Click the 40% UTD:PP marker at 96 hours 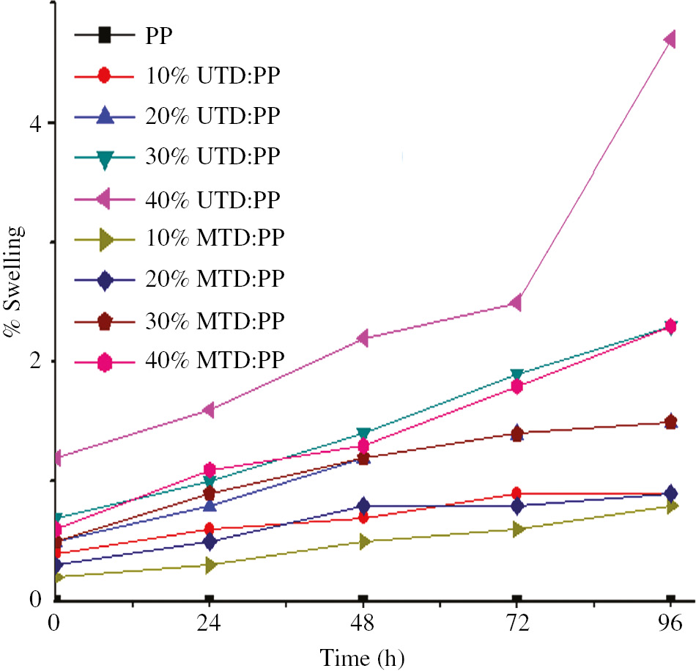click(670, 39)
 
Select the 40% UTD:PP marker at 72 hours click(516, 302)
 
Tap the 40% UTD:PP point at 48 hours click(362, 337)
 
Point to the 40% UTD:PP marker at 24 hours click(208, 409)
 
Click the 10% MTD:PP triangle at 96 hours click(670, 506)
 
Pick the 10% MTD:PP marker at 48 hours click(363, 541)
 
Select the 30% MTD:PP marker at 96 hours click(670, 422)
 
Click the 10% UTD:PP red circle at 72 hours click(517, 494)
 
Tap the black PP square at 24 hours click(209, 599)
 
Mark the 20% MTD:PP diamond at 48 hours click(363, 506)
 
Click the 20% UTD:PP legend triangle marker click(105, 116)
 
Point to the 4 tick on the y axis click(53, 122)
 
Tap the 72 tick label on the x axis click(517, 625)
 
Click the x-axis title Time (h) click(362, 655)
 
